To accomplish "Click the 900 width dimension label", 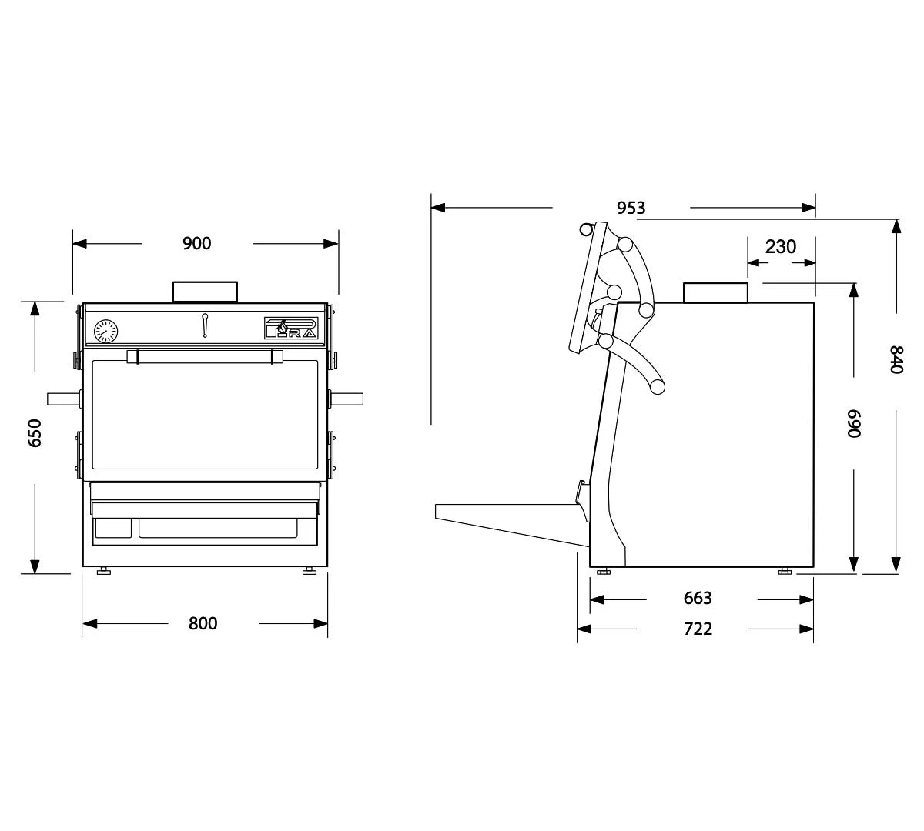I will [196, 244].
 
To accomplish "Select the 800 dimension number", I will [203, 623].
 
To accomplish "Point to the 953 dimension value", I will [631, 208].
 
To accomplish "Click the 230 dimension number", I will [780, 247].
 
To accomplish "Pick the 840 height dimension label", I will [896, 360].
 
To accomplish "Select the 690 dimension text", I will [853, 423].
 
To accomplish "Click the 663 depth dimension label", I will [698, 599].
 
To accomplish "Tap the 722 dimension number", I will [698, 629].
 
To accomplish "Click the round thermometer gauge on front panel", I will [105, 332].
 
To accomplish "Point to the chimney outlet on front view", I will [205, 292].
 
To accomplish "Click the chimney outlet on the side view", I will [715, 292].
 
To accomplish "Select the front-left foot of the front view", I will [102, 571].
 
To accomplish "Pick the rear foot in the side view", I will [785, 571].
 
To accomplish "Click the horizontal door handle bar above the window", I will [205, 356].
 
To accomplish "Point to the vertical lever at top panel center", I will [205, 325].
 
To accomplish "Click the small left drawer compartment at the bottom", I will [112, 527].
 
